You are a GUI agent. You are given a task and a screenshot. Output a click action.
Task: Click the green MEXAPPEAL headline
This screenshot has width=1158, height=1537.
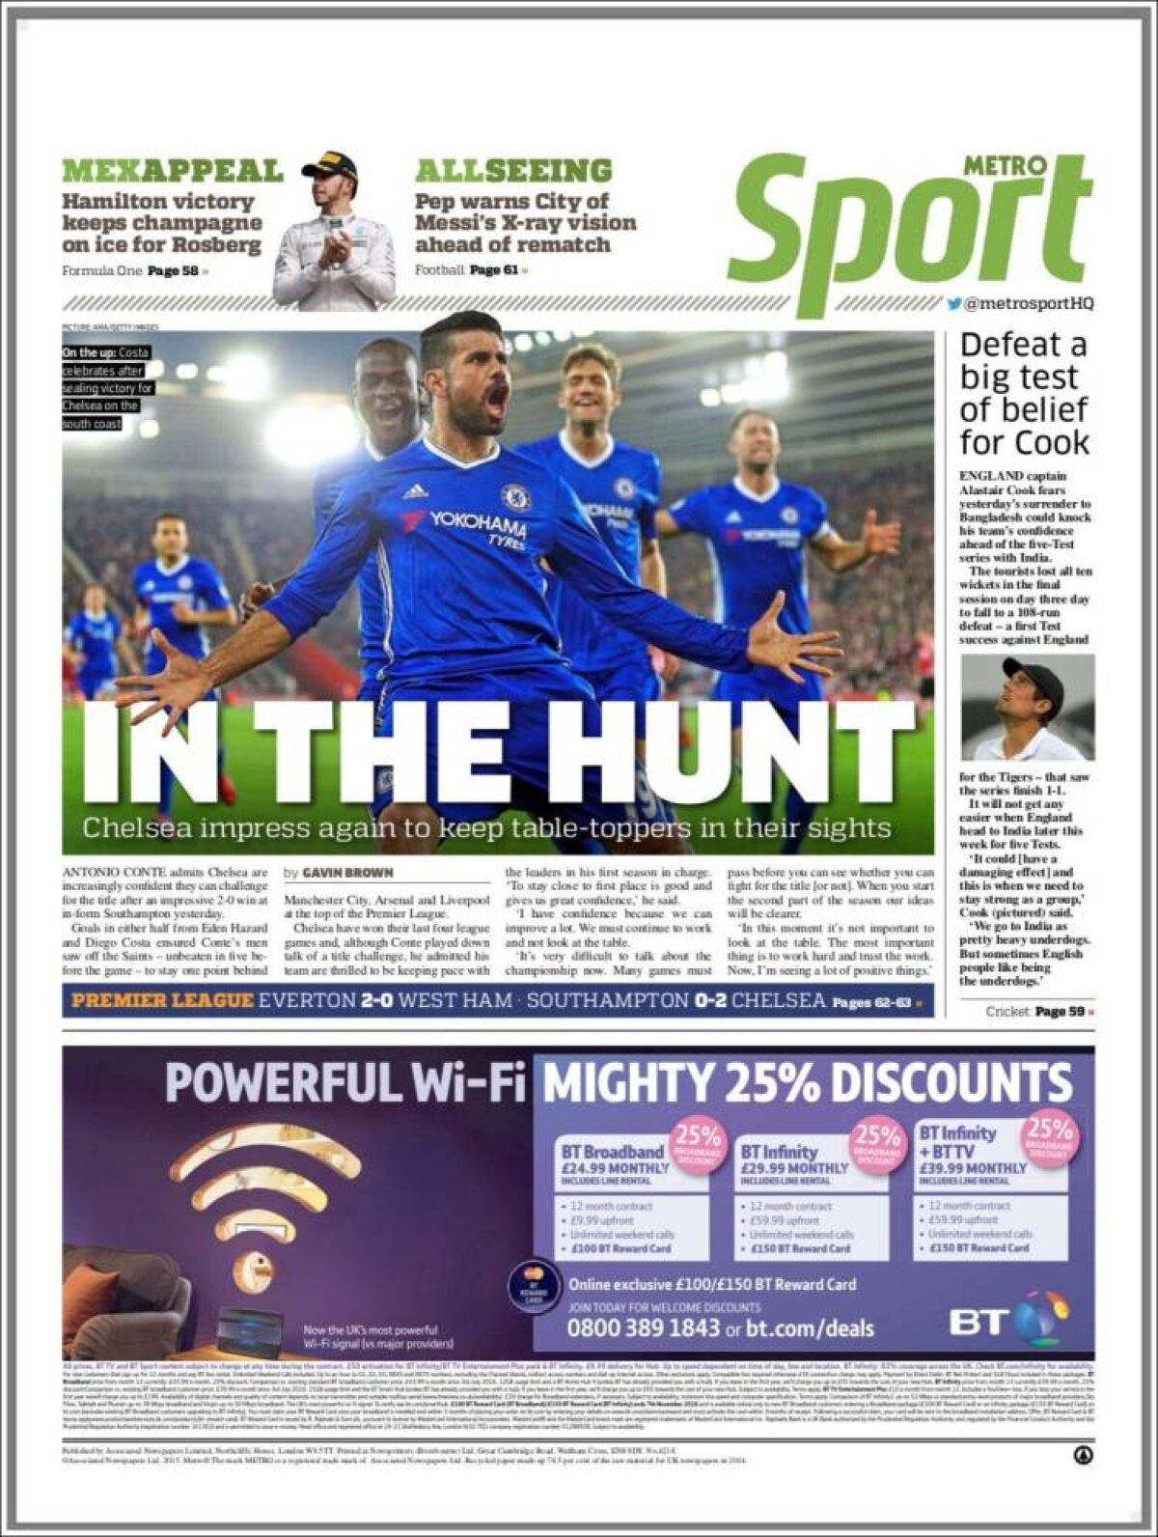point(172,171)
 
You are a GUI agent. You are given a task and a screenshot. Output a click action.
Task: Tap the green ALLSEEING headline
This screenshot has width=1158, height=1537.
point(513,171)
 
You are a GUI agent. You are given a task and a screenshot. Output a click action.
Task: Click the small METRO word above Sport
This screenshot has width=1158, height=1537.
point(1005,165)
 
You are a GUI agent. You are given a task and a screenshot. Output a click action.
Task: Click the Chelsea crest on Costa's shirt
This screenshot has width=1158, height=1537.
point(515,497)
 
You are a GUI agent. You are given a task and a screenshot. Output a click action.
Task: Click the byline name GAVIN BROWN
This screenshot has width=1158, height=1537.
point(347,873)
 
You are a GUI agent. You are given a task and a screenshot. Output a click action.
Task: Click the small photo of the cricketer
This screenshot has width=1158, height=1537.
point(1027,707)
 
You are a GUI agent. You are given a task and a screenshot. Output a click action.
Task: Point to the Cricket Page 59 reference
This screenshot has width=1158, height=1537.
point(1039,1012)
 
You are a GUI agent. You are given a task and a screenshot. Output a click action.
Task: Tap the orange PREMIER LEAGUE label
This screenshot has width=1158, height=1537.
point(162,1001)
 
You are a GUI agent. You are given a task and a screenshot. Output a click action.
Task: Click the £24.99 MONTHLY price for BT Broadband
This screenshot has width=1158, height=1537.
point(615,1168)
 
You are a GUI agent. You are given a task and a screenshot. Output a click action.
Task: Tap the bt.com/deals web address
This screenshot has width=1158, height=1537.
point(810,1328)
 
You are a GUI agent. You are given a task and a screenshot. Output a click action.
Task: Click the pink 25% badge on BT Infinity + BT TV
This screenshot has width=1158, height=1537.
point(1049,1136)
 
